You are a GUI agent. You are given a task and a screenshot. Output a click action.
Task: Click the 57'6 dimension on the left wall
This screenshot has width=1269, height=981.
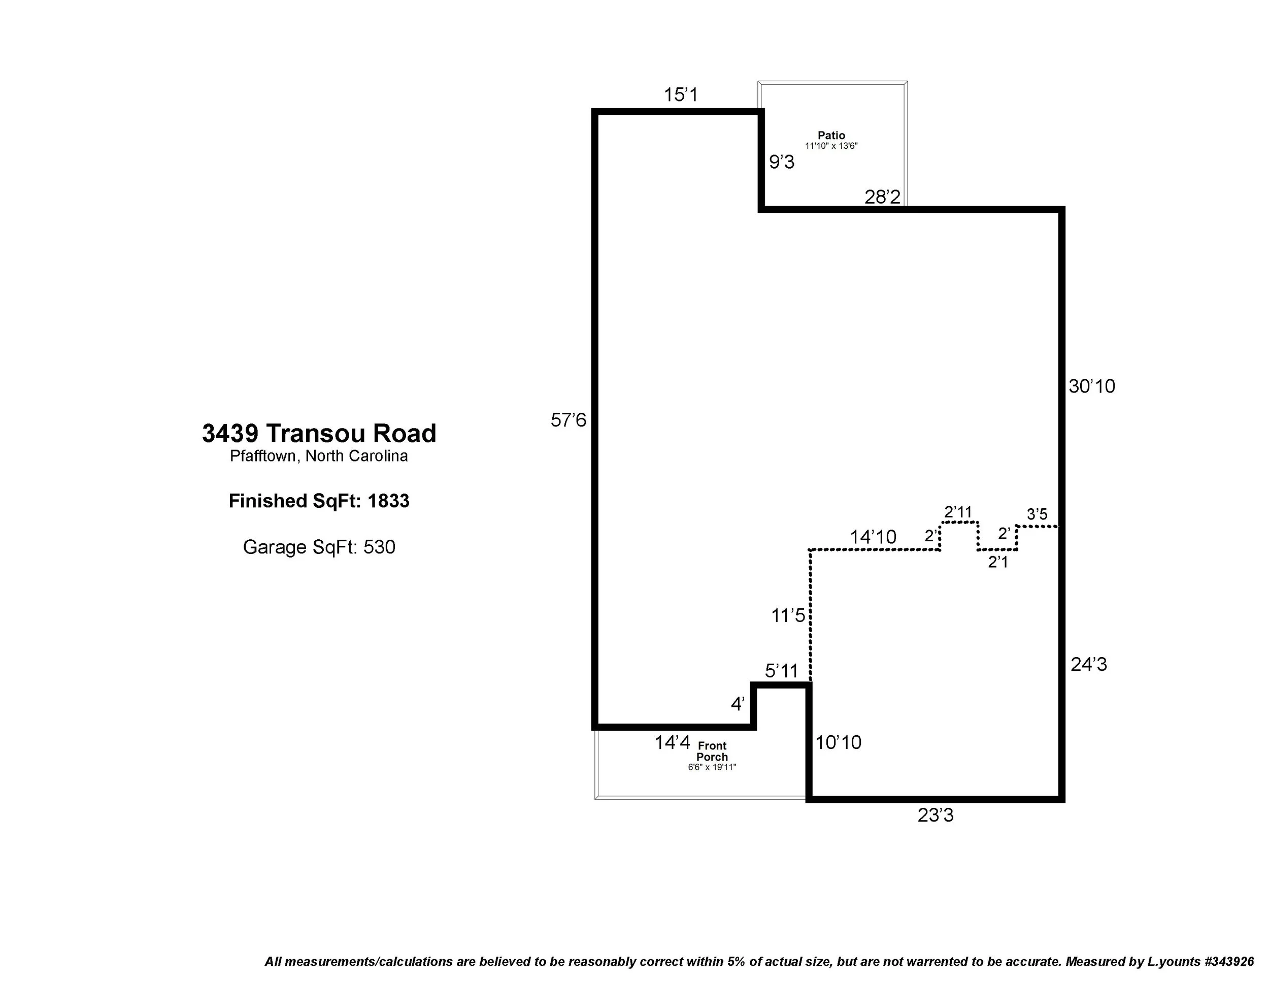(569, 419)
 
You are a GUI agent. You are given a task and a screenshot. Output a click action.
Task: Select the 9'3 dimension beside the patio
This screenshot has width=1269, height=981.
(782, 162)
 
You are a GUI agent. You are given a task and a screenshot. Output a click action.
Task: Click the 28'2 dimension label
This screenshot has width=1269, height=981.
(882, 197)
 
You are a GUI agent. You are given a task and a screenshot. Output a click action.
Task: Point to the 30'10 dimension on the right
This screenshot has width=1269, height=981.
(1092, 386)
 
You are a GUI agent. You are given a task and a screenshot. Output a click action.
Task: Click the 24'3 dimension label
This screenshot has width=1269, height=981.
(1089, 664)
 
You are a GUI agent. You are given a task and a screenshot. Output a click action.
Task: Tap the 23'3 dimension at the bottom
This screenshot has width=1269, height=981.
(936, 815)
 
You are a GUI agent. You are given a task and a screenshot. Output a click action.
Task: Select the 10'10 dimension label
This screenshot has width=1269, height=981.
(838, 742)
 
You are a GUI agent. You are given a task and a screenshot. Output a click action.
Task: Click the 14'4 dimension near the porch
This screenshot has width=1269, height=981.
(672, 742)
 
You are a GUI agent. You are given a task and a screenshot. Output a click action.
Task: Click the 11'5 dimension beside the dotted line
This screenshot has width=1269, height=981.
(788, 615)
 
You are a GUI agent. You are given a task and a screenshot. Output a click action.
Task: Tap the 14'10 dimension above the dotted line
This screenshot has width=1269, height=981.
(873, 536)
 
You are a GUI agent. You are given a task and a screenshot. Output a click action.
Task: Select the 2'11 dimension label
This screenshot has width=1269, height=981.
(957, 512)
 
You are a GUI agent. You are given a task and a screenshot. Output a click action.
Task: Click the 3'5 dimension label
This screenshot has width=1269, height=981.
(1037, 514)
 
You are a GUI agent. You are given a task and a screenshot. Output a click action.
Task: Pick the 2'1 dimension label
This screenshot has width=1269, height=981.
(997, 562)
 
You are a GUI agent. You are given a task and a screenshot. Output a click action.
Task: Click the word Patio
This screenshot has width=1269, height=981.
(831, 136)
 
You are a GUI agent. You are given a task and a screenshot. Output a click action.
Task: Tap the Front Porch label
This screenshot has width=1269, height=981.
(712, 751)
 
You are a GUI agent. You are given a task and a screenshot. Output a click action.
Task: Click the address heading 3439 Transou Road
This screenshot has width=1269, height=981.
(319, 434)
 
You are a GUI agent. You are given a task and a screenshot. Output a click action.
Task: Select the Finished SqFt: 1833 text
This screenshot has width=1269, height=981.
(319, 501)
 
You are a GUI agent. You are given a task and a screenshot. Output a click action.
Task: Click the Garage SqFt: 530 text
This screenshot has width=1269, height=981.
(319, 547)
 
